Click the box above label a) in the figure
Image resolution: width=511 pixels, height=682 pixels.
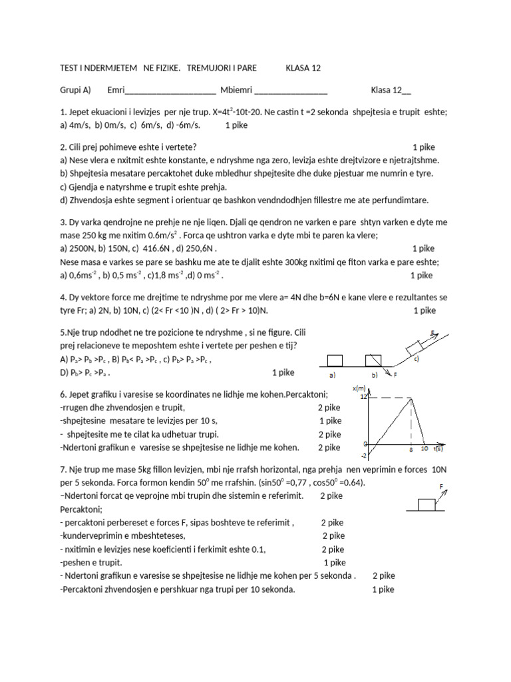pyautogui.click(x=335, y=360)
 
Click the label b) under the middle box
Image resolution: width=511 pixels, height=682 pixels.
pyautogui.click(x=374, y=375)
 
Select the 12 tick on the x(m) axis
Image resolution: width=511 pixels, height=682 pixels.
pyautogui.click(x=363, y=398)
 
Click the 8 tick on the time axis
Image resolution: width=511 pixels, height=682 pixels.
pyautogui.click(x=411, y=450)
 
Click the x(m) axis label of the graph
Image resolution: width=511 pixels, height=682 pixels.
pyautogui.click(x=360, y=388)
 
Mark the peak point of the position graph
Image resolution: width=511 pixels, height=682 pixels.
pyautogui.click(x=412, y=398)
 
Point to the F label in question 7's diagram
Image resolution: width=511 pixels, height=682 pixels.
pyautogui.click(x=441, y=487)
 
